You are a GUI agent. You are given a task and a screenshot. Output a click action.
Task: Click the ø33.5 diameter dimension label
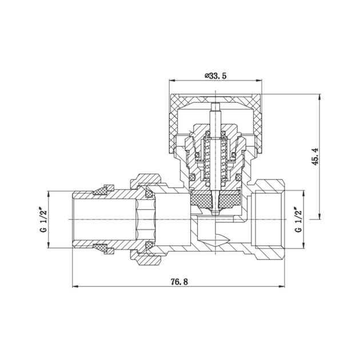[215, 75]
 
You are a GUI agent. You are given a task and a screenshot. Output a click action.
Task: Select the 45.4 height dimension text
[315, 156]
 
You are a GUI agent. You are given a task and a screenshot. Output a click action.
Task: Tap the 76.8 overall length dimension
[179, 282]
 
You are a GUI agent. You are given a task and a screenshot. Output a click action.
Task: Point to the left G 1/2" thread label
[43, 220]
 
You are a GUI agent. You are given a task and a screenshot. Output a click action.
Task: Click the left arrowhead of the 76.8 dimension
[75, 286]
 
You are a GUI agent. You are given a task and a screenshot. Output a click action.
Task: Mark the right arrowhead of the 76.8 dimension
[282, 286]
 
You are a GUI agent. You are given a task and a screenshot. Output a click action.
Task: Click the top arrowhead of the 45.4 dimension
[319, 97]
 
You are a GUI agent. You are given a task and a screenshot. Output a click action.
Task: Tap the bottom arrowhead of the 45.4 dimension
[319, 216]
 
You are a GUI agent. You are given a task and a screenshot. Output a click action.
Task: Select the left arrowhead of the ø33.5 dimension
[172, 81]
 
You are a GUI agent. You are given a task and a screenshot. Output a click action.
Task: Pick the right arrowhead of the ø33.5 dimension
[259, 81]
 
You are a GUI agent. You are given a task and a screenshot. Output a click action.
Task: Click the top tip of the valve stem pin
[215, 103]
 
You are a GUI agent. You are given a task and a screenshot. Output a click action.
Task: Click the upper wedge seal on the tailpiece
[103, 190]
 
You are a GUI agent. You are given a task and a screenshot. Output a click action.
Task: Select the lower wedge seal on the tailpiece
[103, 249]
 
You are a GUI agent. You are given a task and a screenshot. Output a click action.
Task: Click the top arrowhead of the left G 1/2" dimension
[48, 194]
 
